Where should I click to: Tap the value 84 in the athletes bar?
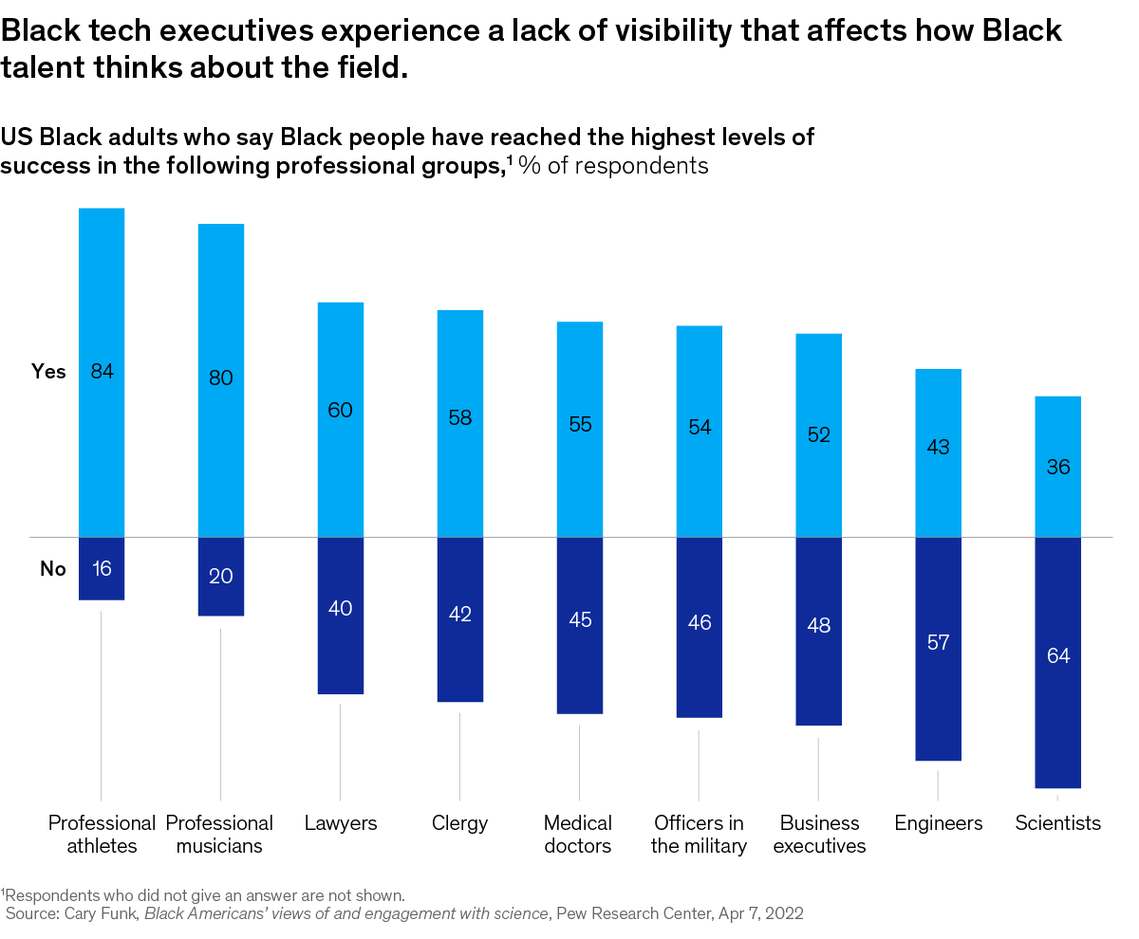point(103,372)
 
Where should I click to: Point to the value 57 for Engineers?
point(938,643)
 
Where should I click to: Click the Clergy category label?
point(459,823)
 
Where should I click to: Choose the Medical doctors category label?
point(578,835)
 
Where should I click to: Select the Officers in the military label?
point(699,835)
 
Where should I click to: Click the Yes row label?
point(49,372)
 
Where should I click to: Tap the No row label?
point(53,569)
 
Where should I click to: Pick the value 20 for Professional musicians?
point(221,576)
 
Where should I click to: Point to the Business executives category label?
point(819,835)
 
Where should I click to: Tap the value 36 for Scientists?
point(1057,468)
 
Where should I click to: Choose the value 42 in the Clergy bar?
point(460,615)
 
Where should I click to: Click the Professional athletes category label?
point(102,835)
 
